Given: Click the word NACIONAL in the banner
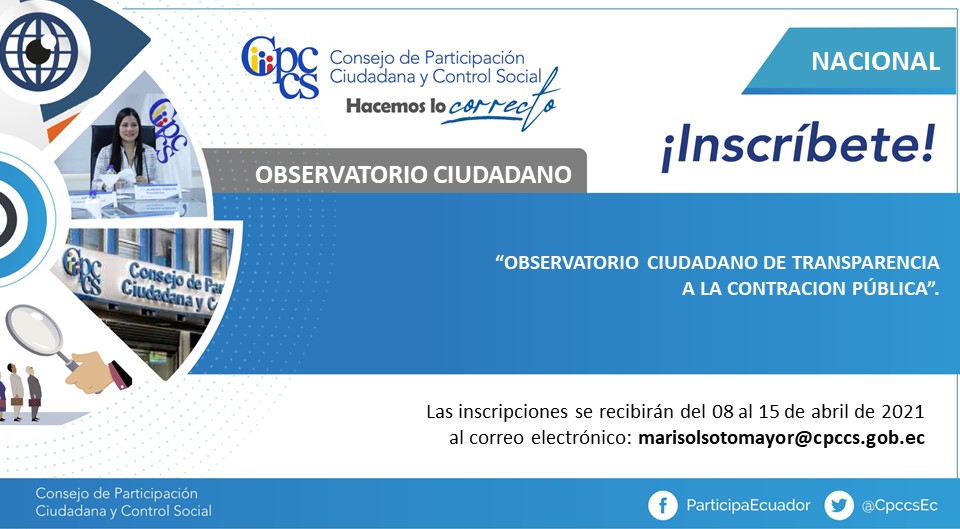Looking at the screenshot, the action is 876,61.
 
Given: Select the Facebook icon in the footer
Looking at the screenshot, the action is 662,506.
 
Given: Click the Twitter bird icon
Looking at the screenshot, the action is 839,506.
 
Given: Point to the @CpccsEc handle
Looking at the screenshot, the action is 899,506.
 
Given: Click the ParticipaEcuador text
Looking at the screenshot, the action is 748,505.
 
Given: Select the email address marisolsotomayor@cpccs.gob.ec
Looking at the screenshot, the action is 781,438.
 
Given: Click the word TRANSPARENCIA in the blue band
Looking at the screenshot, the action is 866,263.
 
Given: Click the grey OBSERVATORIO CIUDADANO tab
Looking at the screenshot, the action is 395,171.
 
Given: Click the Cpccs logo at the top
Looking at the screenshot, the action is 280,67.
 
